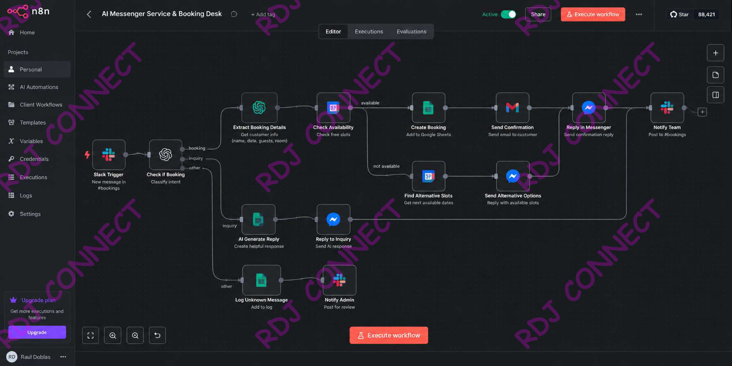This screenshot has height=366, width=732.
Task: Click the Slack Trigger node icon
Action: (x=109, y=155)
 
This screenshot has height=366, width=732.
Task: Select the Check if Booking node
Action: (x=166, y=155)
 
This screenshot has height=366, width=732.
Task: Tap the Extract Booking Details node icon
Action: (x=259, y=108)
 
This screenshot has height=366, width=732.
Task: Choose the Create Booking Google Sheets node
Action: (x=428, y=108)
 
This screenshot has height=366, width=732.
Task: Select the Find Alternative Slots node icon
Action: (x=428, y=176)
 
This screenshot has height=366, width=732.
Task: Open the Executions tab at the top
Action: (x=369, y=32)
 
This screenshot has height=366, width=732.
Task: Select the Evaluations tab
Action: (x=411, y=32)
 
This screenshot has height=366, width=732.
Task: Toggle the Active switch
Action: (x=508, y=14)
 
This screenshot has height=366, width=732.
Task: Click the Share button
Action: (x=538, y=14)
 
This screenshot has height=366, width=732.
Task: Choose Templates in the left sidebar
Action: (x=33, y=123)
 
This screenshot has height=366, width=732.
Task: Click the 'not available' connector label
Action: (x=386, y=166)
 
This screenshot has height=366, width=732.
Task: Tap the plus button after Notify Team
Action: (x=702, y=112)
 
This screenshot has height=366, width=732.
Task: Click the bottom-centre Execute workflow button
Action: (x=389, y=335)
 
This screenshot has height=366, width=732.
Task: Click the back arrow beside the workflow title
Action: (x=89, y=14)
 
